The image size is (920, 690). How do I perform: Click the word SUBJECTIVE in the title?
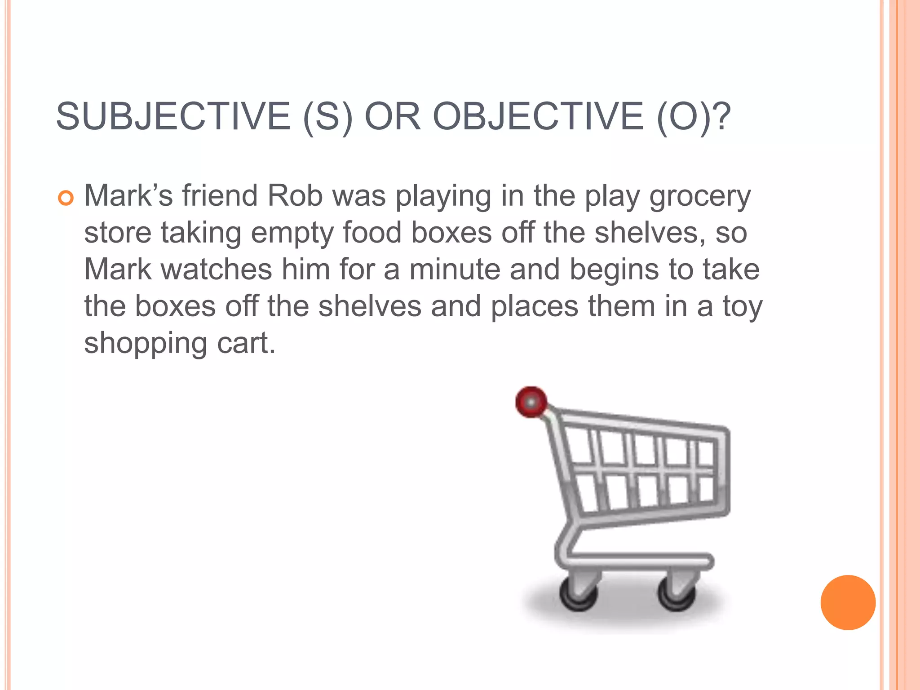tap(173, 116)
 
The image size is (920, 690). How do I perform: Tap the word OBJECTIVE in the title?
tap(538, 116)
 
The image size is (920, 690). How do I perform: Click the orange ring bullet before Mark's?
tap(66, 198)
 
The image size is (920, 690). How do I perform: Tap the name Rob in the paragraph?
tap(295, 196)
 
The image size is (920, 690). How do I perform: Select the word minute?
tap(455, 269)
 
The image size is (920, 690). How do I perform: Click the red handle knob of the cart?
tap(531, 401)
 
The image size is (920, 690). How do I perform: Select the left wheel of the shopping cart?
tap(579, 594)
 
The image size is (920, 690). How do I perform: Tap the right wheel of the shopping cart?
tap(677, 594)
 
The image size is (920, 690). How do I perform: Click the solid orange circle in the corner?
tap(848, 602)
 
